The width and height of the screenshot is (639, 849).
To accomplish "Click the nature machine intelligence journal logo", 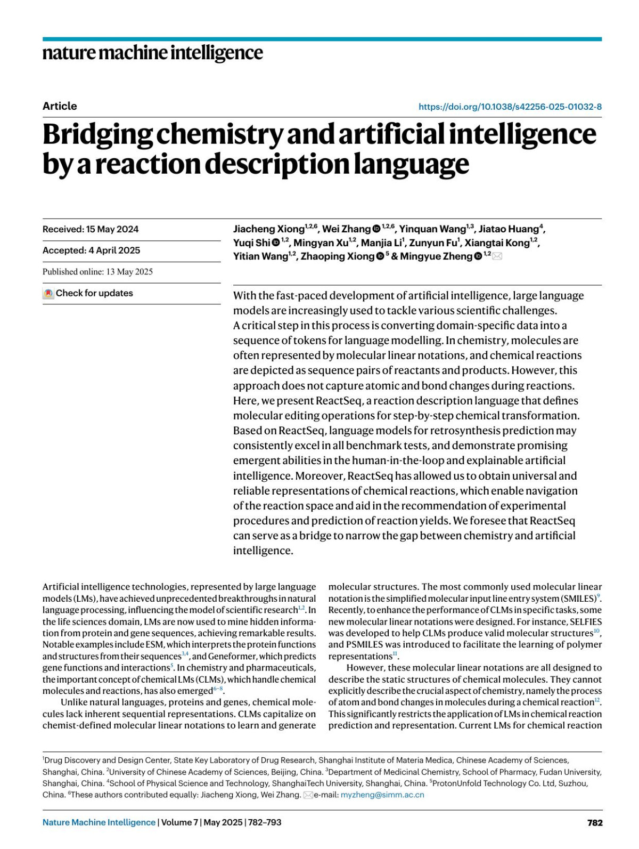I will (152, 53).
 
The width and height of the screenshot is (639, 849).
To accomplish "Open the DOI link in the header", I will (510, 107).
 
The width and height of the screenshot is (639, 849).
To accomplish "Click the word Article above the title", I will (60, 106).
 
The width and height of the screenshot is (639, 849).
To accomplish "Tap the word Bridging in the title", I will (97, 135).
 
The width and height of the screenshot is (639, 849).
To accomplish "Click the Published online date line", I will (97, 272).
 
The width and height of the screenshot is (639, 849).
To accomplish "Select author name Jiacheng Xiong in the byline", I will (268, 229).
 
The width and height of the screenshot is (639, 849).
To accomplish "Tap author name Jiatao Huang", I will (509, 229).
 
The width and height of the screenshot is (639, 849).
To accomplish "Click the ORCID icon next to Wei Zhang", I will (376, 229).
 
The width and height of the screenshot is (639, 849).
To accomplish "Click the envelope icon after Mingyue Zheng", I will (497, 257).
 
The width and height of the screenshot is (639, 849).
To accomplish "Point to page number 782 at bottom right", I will (595, 822).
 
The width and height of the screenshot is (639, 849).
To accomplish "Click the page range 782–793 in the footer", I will (264, 822).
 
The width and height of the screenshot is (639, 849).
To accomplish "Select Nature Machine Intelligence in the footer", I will (99, 822).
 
